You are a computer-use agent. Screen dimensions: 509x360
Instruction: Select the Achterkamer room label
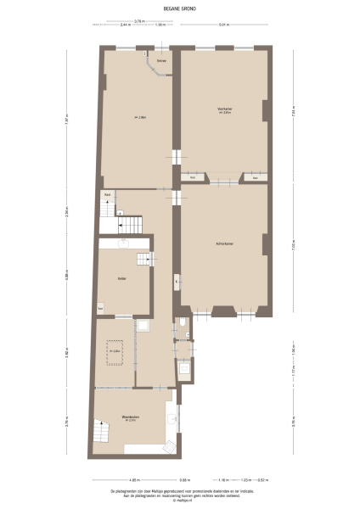(224, 244)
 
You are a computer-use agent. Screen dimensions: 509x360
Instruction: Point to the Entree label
(160, 61)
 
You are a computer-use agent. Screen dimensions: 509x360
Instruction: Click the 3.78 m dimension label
(138, 20)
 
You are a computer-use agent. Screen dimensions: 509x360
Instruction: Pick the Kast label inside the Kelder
(101, 307)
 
